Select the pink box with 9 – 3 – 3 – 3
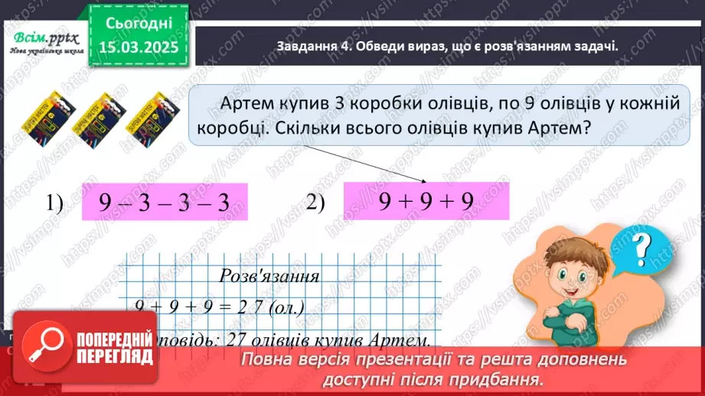click(x=165, y=203)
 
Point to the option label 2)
click(x=315, y=203)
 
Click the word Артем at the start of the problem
click(x=247, y=103)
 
